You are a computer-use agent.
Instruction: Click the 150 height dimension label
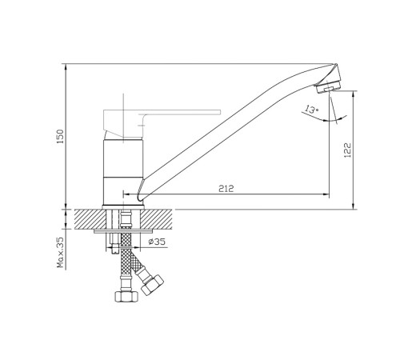(x=61, y=137)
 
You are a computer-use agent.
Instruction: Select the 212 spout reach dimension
(x=226, y=189)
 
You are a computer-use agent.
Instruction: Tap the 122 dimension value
(x=348, y=150)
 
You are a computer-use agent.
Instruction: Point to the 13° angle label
(x=311, y=110)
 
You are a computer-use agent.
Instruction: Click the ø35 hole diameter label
(x=157, y=242)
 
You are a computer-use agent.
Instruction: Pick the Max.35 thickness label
(x=61, y=252)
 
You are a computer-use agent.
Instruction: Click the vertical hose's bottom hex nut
(x=126, y=296)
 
